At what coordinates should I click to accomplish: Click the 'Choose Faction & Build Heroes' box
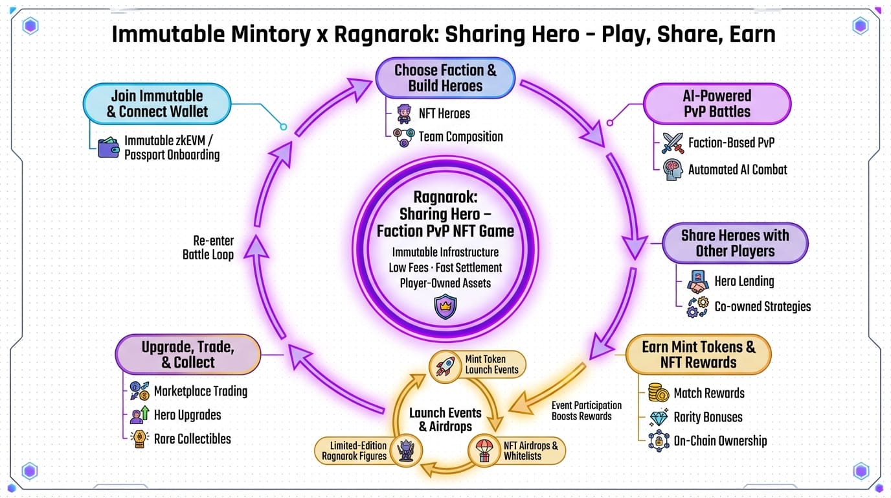coord(445,78)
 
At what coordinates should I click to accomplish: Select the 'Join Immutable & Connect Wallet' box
coord(157,104)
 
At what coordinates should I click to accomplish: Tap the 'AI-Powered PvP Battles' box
coord(717,104)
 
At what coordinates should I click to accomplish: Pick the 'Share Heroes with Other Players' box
coord(735,243)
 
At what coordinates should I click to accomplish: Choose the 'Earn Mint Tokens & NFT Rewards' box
coord(698,355)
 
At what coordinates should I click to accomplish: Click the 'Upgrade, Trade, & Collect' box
coord(188,355)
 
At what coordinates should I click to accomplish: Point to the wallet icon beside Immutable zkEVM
coord(108,148)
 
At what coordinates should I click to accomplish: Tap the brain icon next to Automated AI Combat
coord(673,170)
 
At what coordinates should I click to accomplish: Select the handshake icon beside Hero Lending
coord(697,281)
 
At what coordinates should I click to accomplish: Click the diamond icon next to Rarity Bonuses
coord(659,417)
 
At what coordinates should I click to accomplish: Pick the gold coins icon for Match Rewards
coord(659,393)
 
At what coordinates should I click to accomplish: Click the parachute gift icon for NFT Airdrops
coord(484,450)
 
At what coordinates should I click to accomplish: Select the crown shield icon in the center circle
coord(445,306)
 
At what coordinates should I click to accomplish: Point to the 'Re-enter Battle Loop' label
coord(208,248)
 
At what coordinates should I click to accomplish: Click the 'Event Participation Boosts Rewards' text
coord(586,410)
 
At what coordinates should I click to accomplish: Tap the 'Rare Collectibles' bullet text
coord(192,439)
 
